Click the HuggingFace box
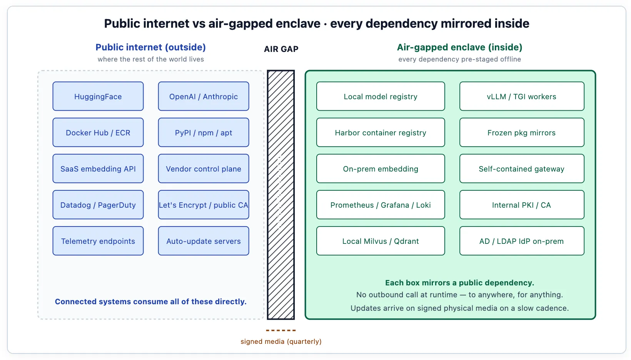pos(98,96)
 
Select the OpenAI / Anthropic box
pos(204,96)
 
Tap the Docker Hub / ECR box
pos(98,132)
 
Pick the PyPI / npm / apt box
pos(204,132)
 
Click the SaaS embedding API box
pos(98,168)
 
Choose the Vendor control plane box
pos(204,168)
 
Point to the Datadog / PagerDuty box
pos(98,205)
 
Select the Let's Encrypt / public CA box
pos(204,205)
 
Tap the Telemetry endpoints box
pos(98,241)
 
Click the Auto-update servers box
pos(204,241)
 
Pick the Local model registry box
pos(381,96)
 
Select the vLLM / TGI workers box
pos(522,96)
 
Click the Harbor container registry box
pos(381,132)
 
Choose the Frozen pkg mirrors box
pos(522,132)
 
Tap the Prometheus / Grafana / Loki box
pos(381,205)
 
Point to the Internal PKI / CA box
pos(522,205)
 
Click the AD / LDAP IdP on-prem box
pos(522,241)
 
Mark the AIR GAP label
pos(281,49)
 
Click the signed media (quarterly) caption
pos(281,342)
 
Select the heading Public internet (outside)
pos(151,47)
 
